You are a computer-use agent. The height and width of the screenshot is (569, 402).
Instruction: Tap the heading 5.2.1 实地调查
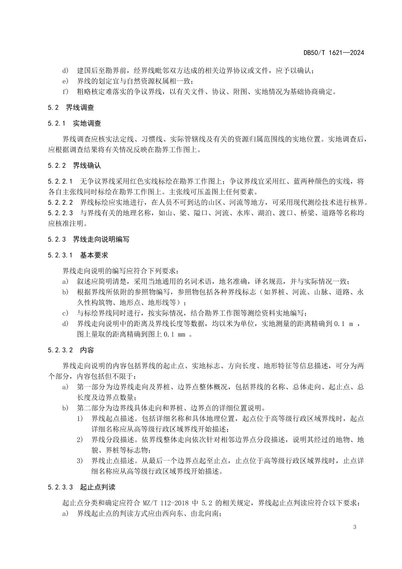(x=74, y=123)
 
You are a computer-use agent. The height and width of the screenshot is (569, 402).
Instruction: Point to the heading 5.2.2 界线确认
(x=74, y=165)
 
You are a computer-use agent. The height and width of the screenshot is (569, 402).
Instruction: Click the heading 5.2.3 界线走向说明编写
(x=88, y=239)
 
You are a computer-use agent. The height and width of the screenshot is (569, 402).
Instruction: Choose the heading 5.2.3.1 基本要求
(x=78, y=255)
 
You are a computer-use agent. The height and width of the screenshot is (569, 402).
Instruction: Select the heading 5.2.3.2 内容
(x=71, y=350)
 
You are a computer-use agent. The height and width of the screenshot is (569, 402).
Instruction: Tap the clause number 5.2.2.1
(x=61, y=182)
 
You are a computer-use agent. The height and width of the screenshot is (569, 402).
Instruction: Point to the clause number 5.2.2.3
(x=61, y=213)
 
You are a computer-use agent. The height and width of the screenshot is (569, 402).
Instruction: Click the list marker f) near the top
(x=66, y=92)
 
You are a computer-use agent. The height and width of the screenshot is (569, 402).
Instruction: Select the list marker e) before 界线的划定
(x=66, y=81)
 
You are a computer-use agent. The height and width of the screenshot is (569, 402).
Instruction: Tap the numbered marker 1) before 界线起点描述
(x=79, y=418)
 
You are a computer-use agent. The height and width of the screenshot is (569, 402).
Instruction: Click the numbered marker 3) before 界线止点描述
(x=79, y=461)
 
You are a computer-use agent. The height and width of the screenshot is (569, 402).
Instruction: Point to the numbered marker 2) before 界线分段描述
(x=79, y=439)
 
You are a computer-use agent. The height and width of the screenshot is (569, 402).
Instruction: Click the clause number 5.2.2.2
(x=61, y=203)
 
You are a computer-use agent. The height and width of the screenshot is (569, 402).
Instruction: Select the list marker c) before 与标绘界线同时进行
(x=66, y=313)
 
